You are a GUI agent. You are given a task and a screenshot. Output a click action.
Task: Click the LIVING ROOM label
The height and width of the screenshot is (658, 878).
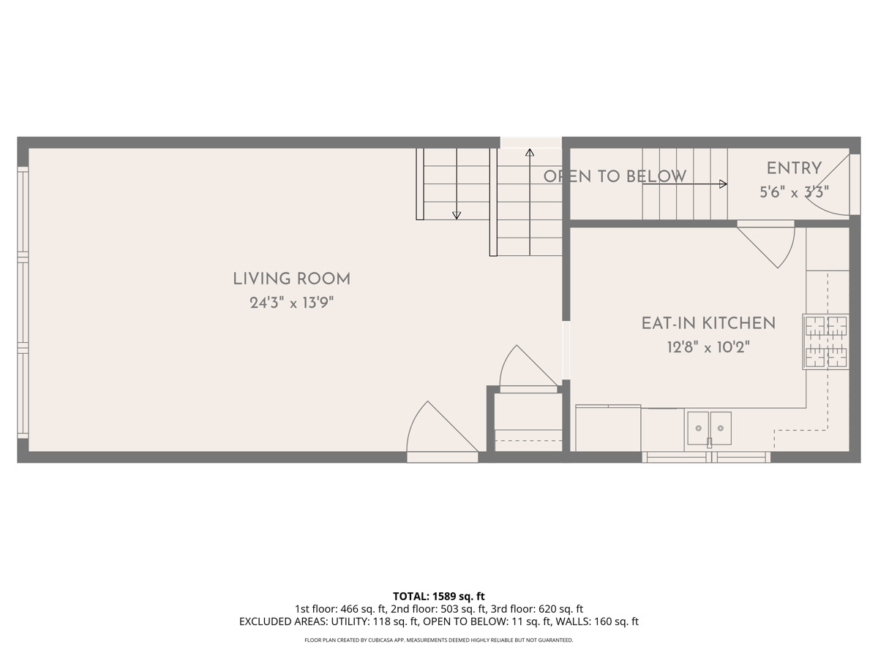291,279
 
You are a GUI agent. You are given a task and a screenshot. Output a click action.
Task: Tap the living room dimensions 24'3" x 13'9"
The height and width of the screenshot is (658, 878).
291,303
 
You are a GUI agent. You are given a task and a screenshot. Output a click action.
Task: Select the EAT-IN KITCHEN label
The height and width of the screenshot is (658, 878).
708,323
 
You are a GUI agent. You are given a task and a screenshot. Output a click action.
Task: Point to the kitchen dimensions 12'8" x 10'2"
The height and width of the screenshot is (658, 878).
708,347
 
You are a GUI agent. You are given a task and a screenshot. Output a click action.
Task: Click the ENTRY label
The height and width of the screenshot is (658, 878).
794,168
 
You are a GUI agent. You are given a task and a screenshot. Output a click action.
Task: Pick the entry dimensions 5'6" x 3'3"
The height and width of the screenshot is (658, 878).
794,192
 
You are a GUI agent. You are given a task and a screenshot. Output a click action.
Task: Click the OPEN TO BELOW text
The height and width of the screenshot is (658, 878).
615,176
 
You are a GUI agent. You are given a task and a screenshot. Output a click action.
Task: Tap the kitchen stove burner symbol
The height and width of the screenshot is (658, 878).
826,341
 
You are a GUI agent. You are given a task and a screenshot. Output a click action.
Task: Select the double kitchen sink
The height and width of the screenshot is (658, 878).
709,428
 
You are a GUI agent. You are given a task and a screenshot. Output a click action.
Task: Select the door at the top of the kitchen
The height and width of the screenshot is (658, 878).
768,245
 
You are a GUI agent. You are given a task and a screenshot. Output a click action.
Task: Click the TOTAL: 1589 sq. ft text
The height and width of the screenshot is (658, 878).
439,596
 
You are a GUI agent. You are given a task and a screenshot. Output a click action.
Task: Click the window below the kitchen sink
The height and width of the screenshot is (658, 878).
706,457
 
